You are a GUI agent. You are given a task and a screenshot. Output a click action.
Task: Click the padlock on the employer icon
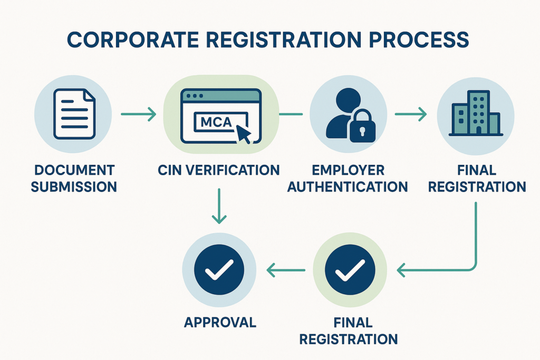coord(363,127)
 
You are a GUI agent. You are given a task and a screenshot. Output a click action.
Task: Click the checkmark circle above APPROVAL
coord(219,270)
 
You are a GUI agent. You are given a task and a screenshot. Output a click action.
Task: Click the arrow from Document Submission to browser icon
coord(138,113)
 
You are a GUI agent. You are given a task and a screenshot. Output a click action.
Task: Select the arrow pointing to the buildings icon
coord(411,113)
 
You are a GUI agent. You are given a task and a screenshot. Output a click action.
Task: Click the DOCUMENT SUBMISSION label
coord(73,178)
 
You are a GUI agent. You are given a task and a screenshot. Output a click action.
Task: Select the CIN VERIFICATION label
coord(219,170)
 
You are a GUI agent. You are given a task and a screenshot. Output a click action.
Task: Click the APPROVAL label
coord(220,322)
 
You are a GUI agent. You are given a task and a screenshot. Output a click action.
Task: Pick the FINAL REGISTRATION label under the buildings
coord(477,178)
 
